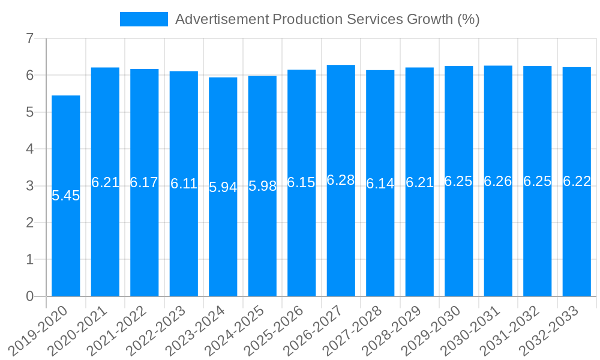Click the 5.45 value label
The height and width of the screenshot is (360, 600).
click(66, 196)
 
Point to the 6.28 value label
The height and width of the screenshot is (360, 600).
click(341, 180)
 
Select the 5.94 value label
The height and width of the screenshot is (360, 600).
click(223, 187)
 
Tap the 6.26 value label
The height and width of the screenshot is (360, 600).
click(498, 181)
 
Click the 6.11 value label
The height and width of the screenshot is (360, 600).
click(184, 184)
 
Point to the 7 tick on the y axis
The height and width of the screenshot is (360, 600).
click(29, 39)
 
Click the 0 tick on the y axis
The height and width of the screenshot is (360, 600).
click(29, 296)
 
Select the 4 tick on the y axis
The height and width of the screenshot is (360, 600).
click(29, 149)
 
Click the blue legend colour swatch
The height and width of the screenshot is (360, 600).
click(144, 19)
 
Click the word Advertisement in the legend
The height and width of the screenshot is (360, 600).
click(221, 19)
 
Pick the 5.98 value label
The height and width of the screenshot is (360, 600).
click(262, 186)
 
